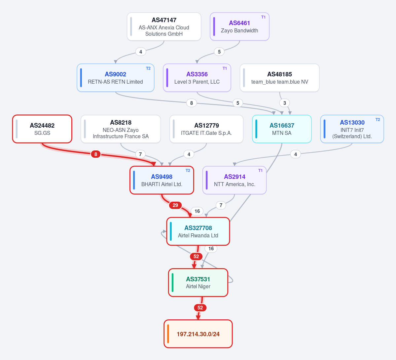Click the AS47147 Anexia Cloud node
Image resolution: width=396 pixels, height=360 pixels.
pos(164,26)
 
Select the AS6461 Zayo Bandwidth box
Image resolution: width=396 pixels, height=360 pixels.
pos(239,26)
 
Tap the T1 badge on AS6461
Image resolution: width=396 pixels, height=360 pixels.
pos(263,17)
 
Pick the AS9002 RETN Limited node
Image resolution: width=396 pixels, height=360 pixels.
pos(115,78)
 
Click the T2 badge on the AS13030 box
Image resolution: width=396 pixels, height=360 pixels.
pos(378,120)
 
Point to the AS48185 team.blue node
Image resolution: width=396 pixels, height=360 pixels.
pos(279,78)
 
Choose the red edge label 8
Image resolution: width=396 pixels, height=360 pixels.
pos(96,154)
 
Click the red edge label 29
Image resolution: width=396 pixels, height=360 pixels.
pos(175,205)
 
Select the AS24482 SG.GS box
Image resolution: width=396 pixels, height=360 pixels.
pos(42,129)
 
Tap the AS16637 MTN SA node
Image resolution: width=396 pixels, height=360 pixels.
pos(282,129)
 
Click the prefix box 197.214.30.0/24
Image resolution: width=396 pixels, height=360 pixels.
pos(198,334)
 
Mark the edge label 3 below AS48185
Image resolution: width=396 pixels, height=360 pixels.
pos(285,103)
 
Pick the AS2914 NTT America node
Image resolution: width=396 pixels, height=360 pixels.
pos(234,180)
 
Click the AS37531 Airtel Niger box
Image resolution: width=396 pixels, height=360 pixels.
pos(198,282)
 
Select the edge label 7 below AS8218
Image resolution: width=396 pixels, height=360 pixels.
pos(140,154)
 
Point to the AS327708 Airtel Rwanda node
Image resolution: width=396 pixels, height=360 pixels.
pos(198,231)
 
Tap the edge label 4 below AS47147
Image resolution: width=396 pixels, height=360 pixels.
pos(141,52)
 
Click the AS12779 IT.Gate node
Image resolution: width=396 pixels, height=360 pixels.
pos(206,129)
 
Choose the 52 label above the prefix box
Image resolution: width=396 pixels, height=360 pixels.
pos(200,308)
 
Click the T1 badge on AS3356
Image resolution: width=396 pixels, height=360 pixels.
pos(225,68)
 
